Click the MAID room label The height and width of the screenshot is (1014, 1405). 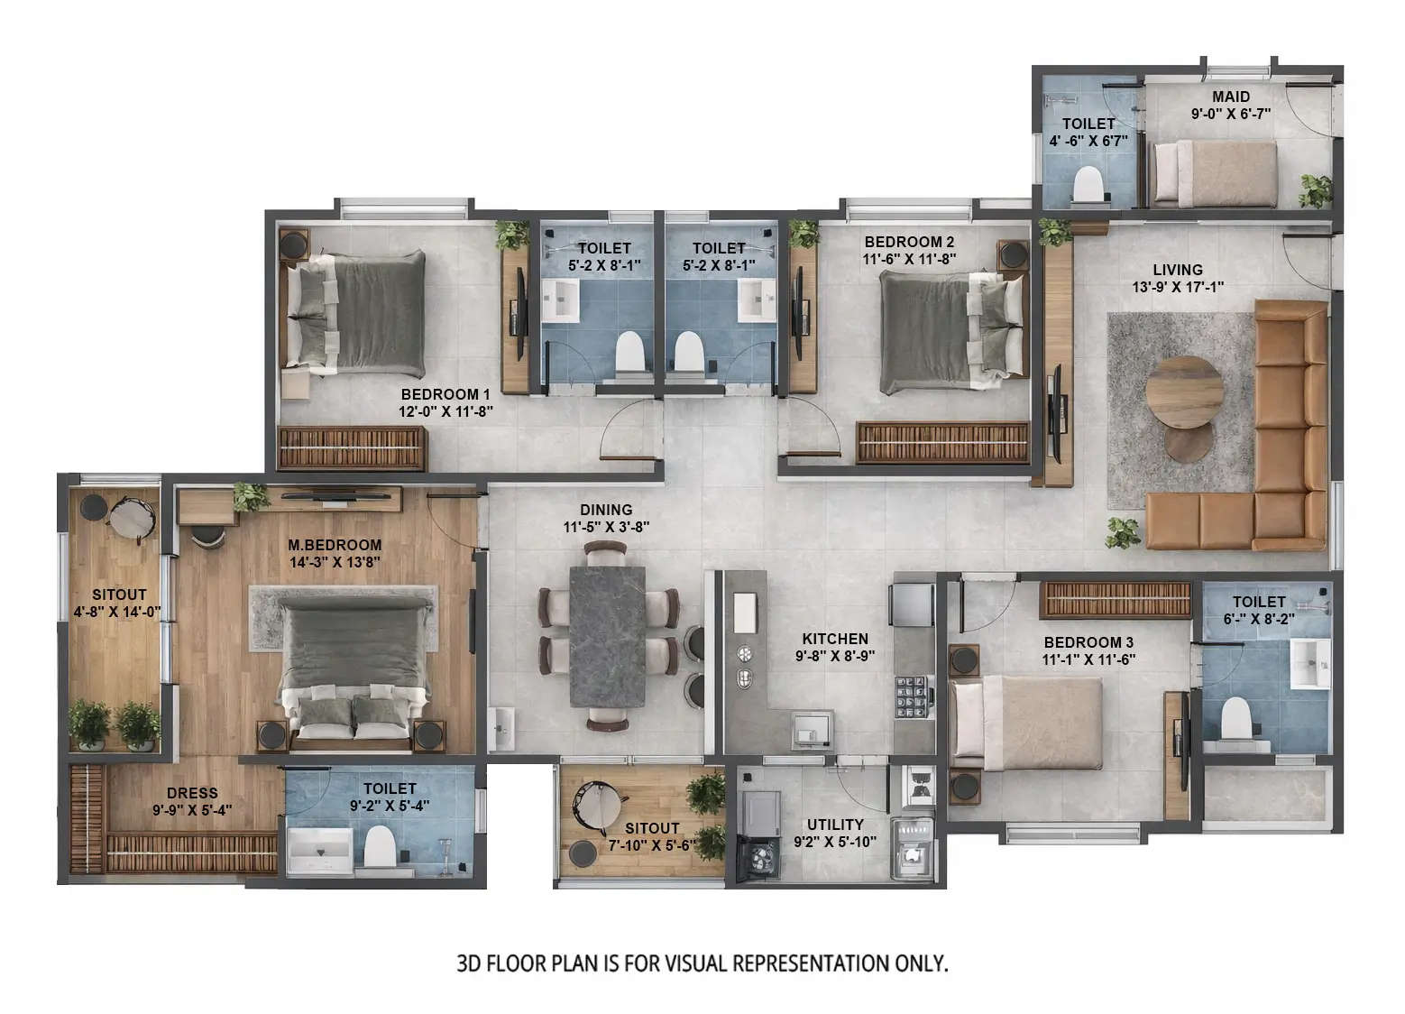1230,97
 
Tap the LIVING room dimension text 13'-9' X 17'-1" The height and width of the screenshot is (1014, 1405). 1178,288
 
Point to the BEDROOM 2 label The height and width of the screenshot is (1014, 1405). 908,242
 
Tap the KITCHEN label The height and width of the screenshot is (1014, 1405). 834,639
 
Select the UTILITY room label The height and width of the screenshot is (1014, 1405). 834,825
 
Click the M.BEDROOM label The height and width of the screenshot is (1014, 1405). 335,545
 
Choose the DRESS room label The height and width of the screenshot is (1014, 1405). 191,793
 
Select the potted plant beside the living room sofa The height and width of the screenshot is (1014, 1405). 1123,532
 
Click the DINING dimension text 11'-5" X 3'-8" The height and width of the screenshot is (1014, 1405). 606,527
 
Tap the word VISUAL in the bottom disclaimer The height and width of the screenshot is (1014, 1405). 695,963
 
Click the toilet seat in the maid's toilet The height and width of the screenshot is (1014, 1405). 1089,185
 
